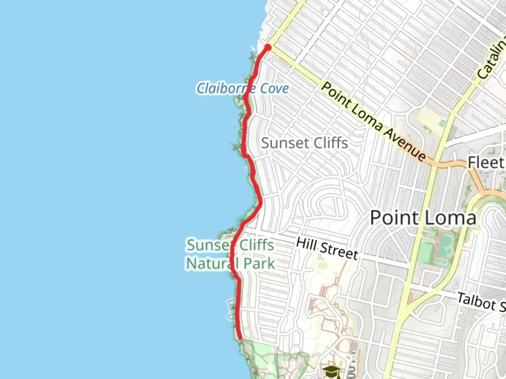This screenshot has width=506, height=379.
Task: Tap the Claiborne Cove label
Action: pyautogui.click(x=242, y=88)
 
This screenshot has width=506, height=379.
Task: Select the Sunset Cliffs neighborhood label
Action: pyautogui.click(x=305, y=143)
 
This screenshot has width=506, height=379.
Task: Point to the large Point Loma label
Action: pyautogui.click(x=423, y=218)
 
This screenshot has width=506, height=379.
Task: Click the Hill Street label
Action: pyautogui.click(x=327, y=248)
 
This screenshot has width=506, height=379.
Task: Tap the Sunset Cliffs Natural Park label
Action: pyautogui.click(x=230, y=254)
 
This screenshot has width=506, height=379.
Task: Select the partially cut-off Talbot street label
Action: pyautogui.click(x=481, y=302)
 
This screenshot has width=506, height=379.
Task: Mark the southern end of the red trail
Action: pyautogui.click(x=240, y=338)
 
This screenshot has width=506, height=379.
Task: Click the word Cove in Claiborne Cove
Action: pyautogui.click(x=274, y=88)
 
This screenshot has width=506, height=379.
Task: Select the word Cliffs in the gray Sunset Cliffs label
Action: pyautogui.click(x=330, y=143)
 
